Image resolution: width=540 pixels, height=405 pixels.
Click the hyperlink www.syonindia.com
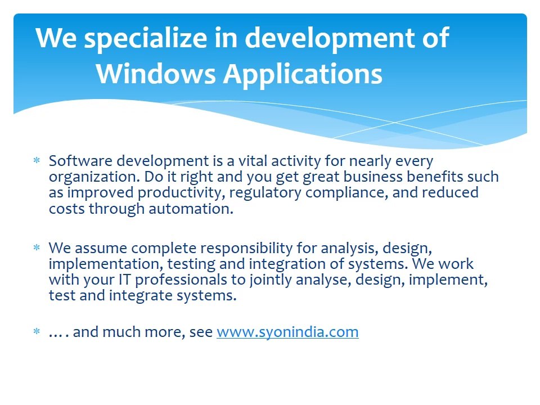[x=287, y=332]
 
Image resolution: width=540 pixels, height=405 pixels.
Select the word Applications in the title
[x=303, y=74]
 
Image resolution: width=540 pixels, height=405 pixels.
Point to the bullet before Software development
[x=37, y=161]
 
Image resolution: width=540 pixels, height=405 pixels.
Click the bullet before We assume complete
[x=37, y=248]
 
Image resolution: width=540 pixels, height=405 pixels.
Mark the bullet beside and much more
[x=37, y=332]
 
